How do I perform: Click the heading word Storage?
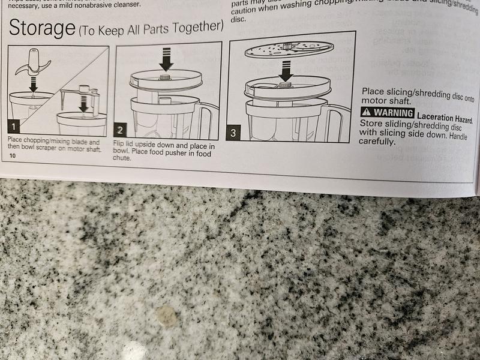(41, 28)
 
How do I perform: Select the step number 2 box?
(121, 130)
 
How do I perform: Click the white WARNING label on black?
(387, 113)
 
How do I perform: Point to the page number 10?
(13, 155)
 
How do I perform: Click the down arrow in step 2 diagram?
(166, 59)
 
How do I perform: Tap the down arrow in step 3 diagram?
(286, 72)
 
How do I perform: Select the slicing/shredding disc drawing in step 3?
(289, 49)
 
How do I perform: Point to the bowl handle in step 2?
(208, 120)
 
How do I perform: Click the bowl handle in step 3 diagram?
(340, 121)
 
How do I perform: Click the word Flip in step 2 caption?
(119, 146)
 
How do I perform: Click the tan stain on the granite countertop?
(166, 316)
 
